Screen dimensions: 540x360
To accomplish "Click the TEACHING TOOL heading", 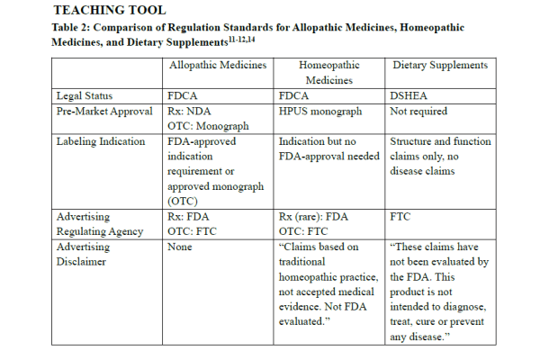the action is click(108, 10).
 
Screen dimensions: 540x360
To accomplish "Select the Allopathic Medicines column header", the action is click(219, 66).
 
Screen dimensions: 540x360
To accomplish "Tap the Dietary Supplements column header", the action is click(441, 66).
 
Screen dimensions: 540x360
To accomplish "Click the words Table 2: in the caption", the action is click(78, 28).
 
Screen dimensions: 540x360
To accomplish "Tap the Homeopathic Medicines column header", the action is click(327, 72).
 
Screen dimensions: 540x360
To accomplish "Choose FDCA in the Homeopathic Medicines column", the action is click(296, 94).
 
